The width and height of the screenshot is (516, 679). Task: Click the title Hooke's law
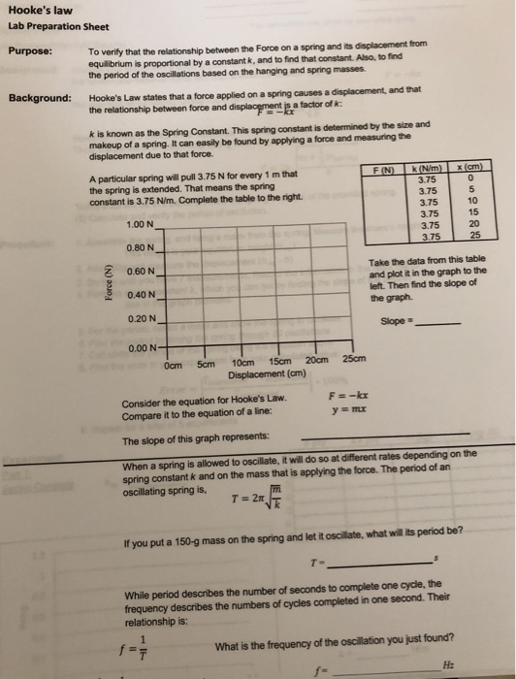click(x=37, y=11)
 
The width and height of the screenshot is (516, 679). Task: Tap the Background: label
click(x=40, y=98)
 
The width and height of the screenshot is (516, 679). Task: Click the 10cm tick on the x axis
click(x=243, y=364)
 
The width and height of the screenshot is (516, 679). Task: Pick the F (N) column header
click(x=385, y=171)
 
